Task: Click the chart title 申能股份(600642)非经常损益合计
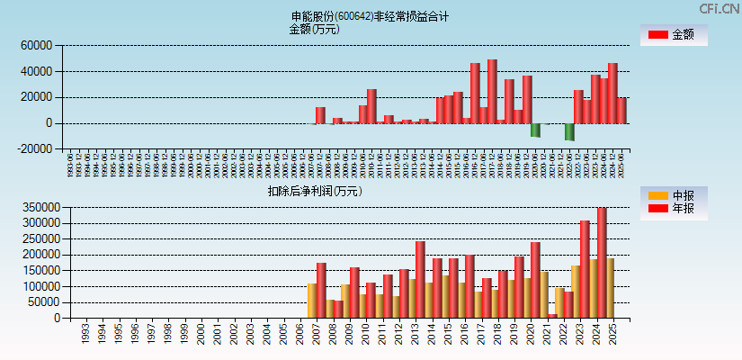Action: [370, 16]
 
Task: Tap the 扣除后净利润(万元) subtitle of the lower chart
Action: [314, 191]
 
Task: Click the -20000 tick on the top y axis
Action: [35, 149]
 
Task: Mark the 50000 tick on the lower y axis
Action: [43, 302]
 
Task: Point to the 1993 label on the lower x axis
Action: [85, 334]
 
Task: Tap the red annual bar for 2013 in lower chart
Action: [420, 279]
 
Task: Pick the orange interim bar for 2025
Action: [610, 288]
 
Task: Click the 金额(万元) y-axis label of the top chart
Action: [314, 29]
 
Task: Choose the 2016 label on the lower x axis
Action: [469, 334]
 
